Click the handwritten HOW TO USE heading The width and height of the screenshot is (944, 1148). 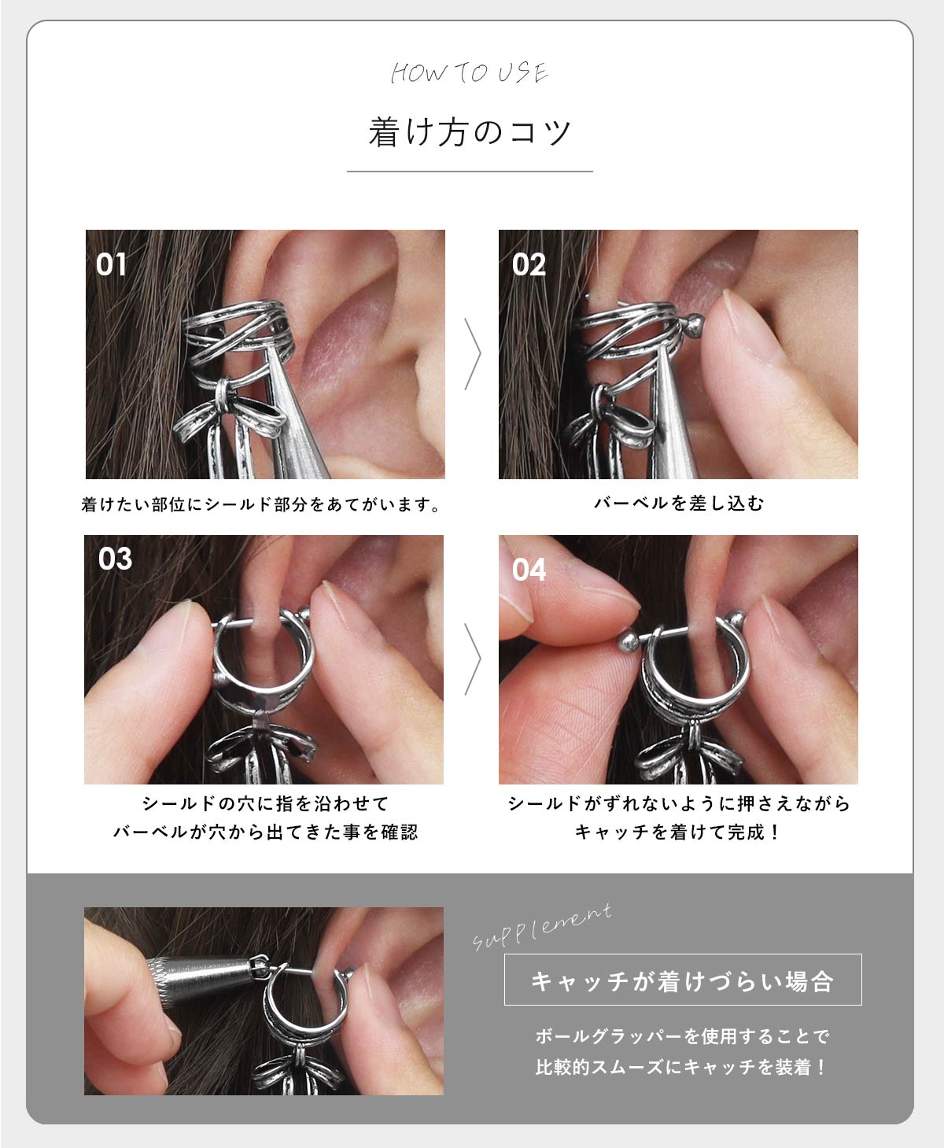tap(470, 73)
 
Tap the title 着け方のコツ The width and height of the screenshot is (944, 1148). tap(470, 131)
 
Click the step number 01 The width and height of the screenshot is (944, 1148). tap(111, 264)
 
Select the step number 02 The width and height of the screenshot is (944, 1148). tap(528, 264)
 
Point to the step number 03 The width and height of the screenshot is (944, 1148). tap(115, 559)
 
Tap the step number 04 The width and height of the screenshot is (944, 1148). tap(528, 570)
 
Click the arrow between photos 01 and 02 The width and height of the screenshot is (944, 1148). tap(472, 354)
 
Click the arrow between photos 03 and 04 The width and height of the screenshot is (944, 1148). tap(472, 659)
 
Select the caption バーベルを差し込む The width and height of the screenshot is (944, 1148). tap(678, 504)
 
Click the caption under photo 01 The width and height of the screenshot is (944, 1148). tap(262, 504)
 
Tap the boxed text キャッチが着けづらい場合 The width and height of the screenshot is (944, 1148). tap(682, 980)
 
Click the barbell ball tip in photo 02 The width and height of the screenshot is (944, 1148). tap(695, 324)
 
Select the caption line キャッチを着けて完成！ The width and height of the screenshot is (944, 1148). tap(678, 832)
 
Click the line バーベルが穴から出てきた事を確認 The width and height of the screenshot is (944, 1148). tap(265, 832)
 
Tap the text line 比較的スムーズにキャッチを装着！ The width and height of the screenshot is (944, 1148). tap(681, 1067)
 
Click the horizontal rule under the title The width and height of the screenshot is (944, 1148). tap(470, 171)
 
